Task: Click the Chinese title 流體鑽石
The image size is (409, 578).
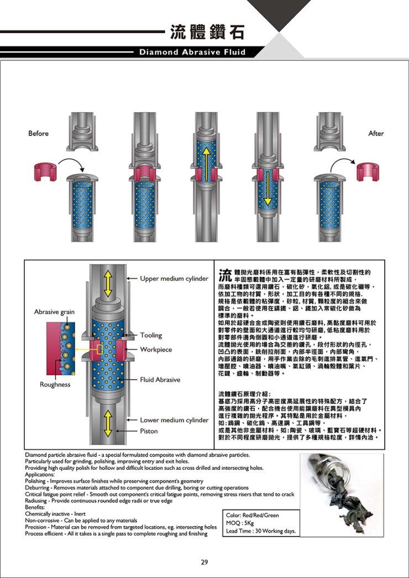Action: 207,32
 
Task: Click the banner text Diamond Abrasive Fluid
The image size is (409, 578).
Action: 192,52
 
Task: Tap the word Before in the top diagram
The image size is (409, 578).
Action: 38,133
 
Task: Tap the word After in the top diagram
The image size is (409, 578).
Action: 376,133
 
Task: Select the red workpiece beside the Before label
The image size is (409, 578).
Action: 45,171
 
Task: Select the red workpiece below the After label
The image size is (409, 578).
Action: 368,171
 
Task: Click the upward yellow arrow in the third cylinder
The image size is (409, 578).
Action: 206,164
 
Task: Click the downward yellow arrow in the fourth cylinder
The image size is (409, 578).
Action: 268,188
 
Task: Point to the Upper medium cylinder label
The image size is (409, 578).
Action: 174,279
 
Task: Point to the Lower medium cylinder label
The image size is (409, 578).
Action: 174,420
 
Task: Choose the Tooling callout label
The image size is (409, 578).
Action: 151,335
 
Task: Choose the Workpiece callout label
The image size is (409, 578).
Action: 156,349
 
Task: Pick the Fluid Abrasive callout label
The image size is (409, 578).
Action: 160,380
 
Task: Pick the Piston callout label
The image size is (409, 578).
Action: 149,431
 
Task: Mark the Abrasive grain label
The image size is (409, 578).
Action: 54,312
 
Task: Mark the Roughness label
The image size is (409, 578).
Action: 55,385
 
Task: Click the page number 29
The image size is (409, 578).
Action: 204,563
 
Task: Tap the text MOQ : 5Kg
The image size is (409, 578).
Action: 240,523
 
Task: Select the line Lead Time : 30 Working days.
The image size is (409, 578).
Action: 261,531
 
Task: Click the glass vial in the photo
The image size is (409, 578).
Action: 324,470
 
